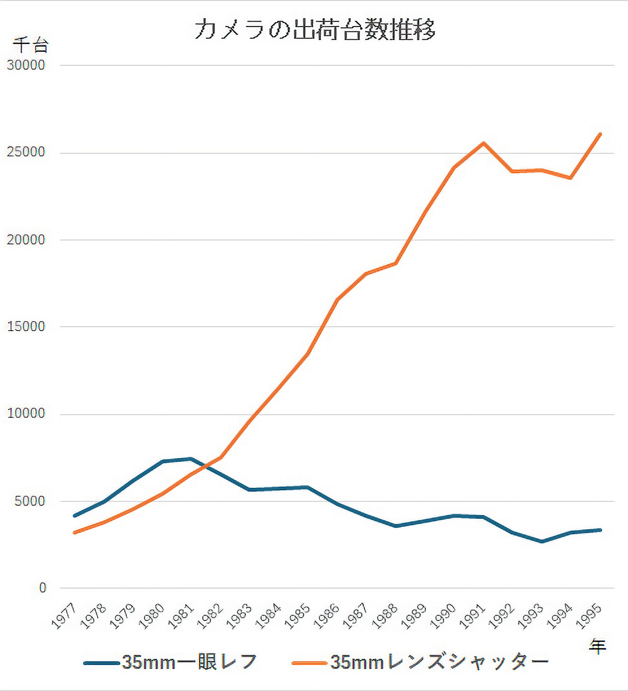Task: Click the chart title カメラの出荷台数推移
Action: tap(314, 29)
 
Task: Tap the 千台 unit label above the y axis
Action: tap(30, 45)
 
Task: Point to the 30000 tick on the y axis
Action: tap(26, 65)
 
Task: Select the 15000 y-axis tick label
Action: tap(26, 327)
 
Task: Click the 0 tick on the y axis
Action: tap(43, 588)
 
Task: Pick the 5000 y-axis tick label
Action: tap(29, 501)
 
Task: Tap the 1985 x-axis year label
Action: tap(298, 616)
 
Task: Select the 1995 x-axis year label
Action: tap(589, 616)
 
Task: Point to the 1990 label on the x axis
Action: tap(443, 616)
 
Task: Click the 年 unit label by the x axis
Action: tap(598, 647)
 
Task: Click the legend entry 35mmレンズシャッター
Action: tap(420, 663)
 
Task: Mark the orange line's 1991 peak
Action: tap(484, 143)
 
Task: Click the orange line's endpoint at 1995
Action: tap(600, 134)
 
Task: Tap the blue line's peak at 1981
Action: tap(191, 459)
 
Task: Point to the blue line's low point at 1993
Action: tap(542, 541)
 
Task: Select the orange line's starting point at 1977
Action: tap(74, 533)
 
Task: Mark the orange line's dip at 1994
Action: tap(571, 178)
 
